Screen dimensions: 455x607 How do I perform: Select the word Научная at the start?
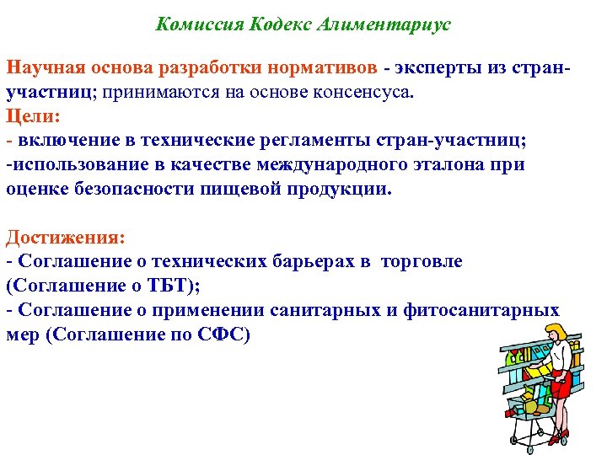click(x=40, y=67)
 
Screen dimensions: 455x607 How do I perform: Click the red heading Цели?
click(x=30, y=115)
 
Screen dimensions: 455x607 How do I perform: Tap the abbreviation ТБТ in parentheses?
click(x=169, y=286)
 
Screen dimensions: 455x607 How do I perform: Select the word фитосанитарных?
click(x=486, y=311)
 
